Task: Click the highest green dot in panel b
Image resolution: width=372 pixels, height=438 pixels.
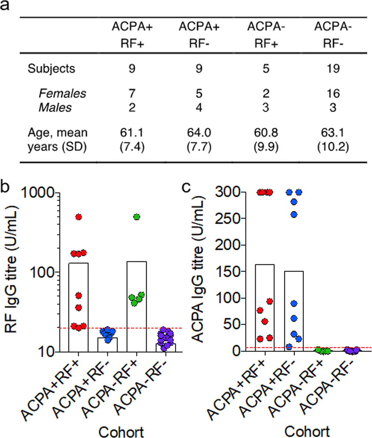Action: pos(136,217)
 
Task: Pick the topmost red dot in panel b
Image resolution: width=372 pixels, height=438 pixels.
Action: pos(79,217)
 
